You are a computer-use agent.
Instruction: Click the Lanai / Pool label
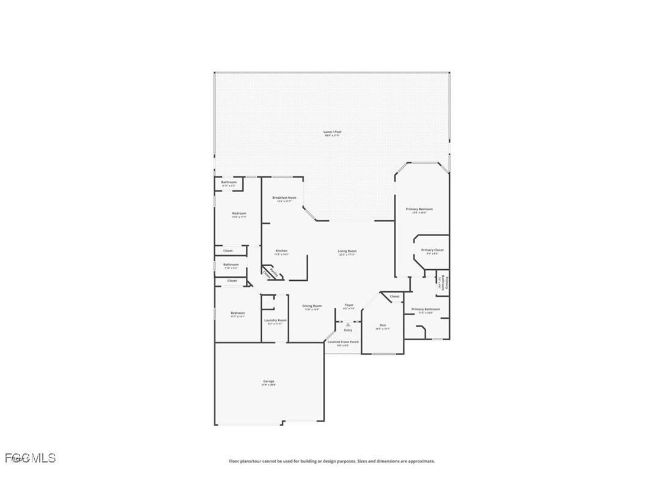(333, 132)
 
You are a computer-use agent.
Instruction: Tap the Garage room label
(269, 381)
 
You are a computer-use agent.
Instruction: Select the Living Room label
(347, 251)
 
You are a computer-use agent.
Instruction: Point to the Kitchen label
(281, 251)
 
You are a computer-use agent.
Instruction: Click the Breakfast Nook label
(284, 198)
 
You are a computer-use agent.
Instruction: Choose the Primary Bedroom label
(419, 209)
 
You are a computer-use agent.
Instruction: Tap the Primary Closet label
(432, 250)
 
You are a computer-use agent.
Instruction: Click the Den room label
(383, 325)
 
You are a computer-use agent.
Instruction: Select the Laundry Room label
(275, 320)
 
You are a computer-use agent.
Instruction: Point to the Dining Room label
(312, 306)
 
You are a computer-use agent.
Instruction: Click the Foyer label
(349, 305)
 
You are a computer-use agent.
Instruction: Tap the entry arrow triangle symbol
(348, 324)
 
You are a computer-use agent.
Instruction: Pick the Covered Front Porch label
(342, 342)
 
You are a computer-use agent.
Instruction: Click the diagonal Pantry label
(270, 273)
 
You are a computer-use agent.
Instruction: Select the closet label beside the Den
(395, 296)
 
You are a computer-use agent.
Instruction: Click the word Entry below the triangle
(348, 330)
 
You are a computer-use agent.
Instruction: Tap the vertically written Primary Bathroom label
(446, 283)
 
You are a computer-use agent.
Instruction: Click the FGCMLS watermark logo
(30, 458)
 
